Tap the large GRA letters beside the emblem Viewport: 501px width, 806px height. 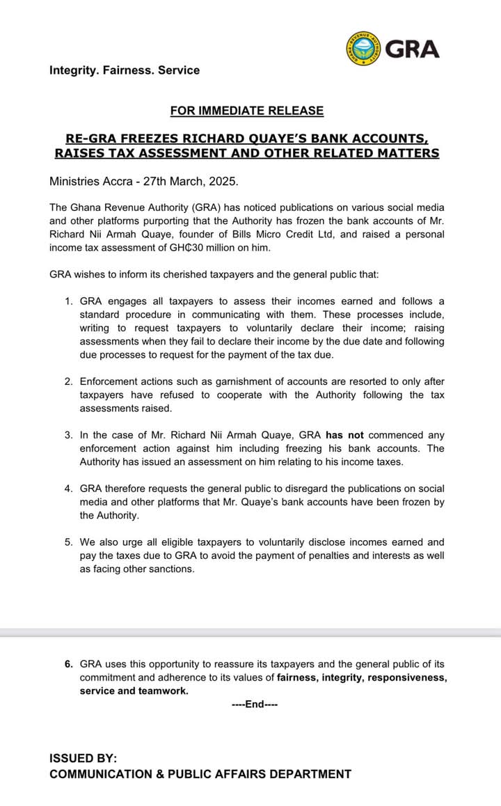pos(412,49)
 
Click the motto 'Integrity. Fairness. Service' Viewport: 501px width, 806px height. pos(125,70)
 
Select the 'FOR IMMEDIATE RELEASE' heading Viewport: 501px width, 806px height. pos(247,111)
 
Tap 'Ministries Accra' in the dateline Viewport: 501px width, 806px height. pos(91,181)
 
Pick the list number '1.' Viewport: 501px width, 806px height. pos(68,301)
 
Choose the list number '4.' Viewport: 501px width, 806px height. pos(68,489)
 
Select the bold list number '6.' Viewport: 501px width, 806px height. pos(68,665)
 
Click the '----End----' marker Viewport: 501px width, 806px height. pos(255,704)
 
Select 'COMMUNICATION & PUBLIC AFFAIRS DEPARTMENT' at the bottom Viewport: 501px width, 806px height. pos(200,774)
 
